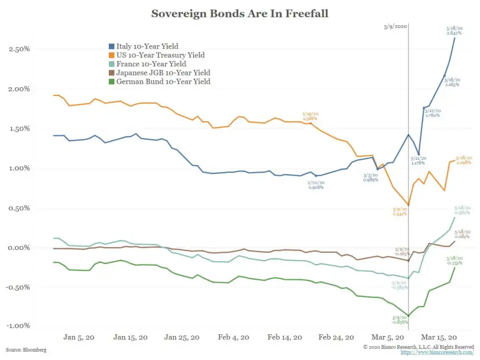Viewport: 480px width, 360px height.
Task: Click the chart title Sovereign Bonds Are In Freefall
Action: click(240, 13)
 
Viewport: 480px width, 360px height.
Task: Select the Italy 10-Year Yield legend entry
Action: click(147, 46)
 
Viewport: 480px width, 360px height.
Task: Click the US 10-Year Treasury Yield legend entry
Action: click(160, 55)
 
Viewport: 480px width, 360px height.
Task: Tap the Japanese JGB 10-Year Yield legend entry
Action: click(162, 73)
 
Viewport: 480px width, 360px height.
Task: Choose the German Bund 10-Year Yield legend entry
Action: click(162, 82)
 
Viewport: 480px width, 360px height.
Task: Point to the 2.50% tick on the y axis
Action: click(20, 49)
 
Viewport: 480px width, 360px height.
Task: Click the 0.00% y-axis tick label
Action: click(20, 248)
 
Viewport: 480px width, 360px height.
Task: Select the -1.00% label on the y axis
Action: click(19, 326)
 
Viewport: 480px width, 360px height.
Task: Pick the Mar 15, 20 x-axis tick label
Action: click(439, 337)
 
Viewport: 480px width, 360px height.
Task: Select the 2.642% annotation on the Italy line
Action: click(453, 33)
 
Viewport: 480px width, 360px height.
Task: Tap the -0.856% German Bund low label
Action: click(400, 323)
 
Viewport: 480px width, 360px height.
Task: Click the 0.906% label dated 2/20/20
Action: click(315, 187)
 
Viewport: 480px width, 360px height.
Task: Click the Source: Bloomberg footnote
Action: click(26, 349)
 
